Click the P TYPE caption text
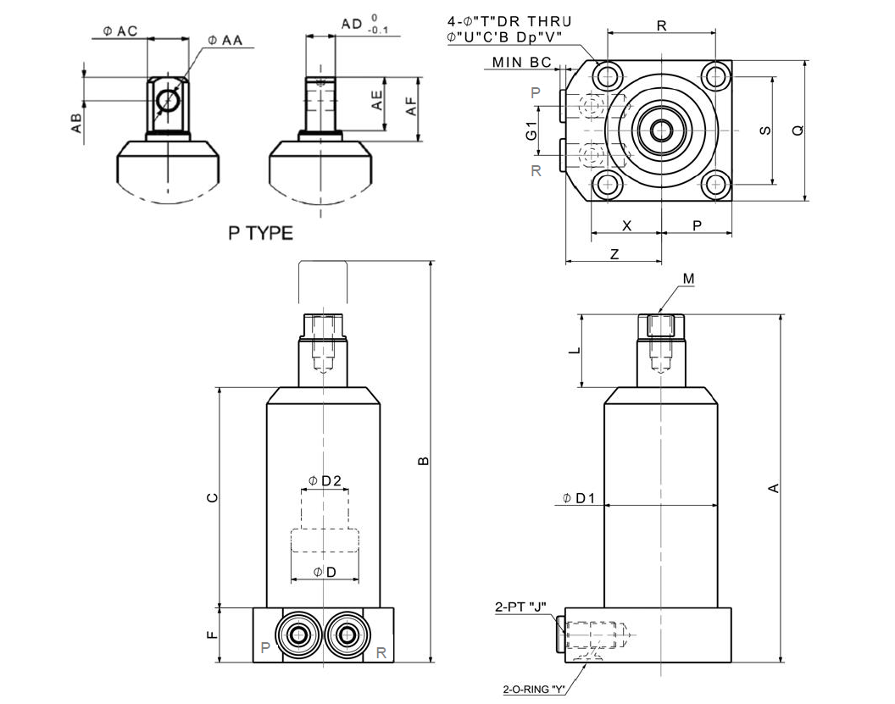pyautogui.click(x=261, y=233)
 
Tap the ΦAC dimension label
pyautogui.click(x=120, y=31)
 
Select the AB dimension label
pyautogui.click(x=76, y=123)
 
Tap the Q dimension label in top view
pyautogui.click(x=797, y=130)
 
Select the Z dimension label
pyautogui.click(x=614, y=253)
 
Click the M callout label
pyautogui.click(x=688, y=279)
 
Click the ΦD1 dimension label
pyautogui.click(x=581, y=498)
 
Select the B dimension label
pyautogui.click(x=423, y=461)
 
